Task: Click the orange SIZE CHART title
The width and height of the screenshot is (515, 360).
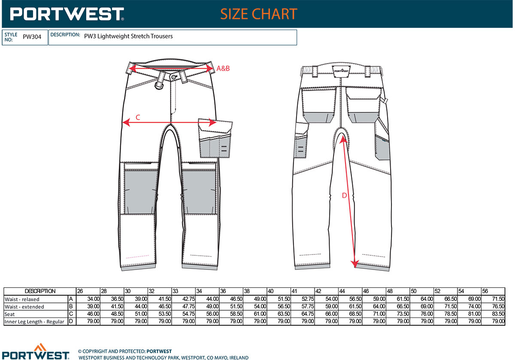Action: [259, 14]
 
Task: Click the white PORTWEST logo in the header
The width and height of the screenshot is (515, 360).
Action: [67, 14]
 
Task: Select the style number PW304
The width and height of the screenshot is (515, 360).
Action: [32, 37]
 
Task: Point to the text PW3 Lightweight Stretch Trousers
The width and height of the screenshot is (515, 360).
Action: [128, 36]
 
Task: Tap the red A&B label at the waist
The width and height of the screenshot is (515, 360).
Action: [223, 68]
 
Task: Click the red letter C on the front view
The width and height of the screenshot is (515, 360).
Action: [138, 118]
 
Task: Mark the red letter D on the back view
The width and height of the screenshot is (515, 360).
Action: [344, 195]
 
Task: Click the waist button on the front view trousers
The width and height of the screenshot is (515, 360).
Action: [174, 77]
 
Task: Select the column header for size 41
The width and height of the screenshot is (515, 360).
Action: [294, 291]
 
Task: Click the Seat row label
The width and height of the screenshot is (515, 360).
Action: [9, 314]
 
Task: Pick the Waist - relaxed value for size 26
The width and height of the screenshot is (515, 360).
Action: [94, 299]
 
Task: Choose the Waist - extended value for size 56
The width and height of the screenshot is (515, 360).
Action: [498, 306]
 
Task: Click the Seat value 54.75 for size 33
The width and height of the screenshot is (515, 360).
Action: [188, 314]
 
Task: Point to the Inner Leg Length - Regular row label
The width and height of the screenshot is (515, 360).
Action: [34, 322]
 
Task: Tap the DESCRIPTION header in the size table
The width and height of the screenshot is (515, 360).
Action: [40, 291]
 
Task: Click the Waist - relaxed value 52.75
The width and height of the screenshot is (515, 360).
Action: [308, 299]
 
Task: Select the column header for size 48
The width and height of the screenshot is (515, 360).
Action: [390, 291]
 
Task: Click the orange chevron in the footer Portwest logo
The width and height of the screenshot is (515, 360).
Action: [40, 347]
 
